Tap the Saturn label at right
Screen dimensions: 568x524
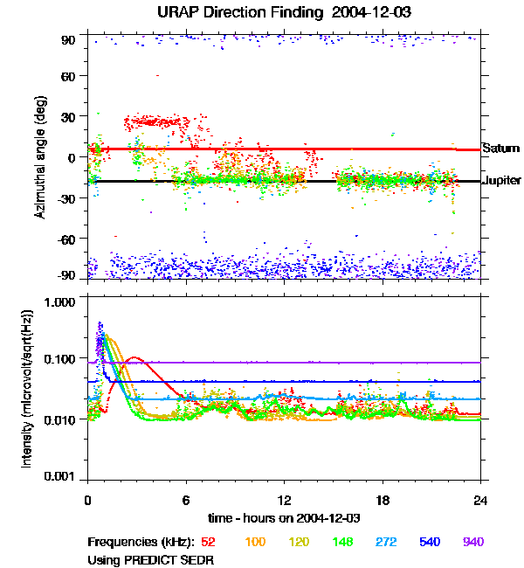(500, 148)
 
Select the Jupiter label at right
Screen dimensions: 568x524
(501, 181)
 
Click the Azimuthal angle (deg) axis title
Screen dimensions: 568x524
(39, 158)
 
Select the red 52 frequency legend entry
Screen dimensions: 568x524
(210, 542)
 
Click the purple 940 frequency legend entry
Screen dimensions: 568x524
(472, 542)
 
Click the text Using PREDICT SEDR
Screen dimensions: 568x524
(151, 558)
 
